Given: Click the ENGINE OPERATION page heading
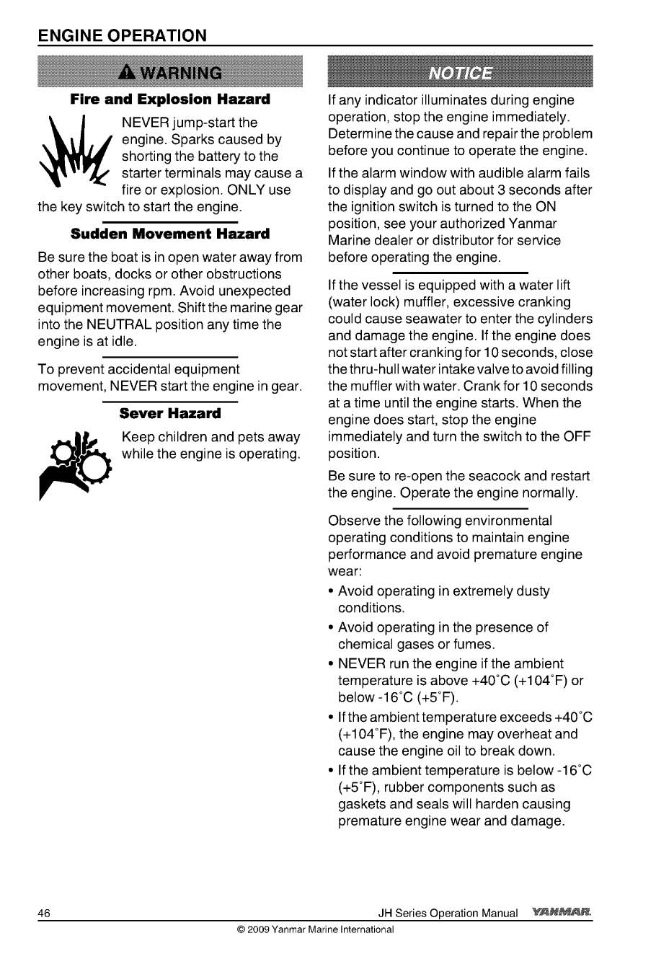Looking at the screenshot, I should click(123, 35).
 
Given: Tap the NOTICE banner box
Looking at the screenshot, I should click(460, 72).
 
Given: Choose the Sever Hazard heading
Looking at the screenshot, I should click(170, 414).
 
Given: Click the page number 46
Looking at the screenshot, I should click(44, 914).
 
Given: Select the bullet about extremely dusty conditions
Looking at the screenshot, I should click(443, 599).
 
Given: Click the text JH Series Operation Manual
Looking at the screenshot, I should click(448, 914).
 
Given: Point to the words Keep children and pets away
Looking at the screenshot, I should click(211, 438).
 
